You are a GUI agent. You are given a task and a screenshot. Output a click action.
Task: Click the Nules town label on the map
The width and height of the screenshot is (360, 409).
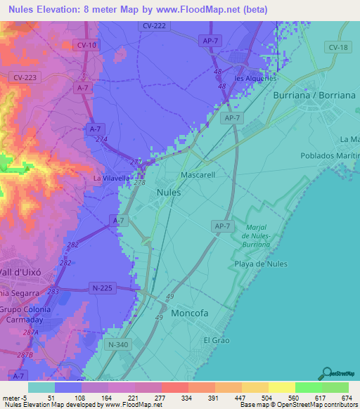click(x=169, y=192)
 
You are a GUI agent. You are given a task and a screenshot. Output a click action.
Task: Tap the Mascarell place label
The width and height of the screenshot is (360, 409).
click(x=198, y=174)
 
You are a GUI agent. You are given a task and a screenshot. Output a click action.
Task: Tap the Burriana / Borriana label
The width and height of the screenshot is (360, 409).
click(x=314, y=93)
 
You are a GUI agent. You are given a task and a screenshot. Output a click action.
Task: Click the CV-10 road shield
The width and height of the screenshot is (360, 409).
click(x=85, y=44)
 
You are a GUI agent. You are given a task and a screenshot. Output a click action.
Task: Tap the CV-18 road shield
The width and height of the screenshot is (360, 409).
click(x=337, y=46)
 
